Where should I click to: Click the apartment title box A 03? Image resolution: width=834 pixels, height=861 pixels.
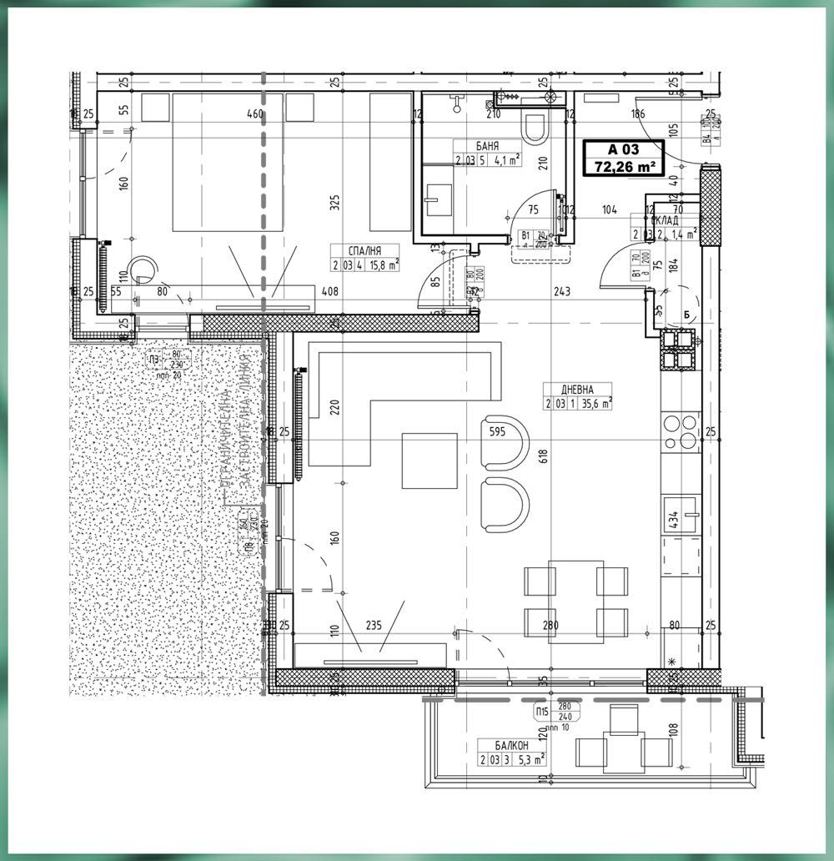(x=623, y=158)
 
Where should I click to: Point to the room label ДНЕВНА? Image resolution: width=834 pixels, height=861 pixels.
(x=576, y=388)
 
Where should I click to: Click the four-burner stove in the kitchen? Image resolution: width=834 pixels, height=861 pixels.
(x=682, y=431)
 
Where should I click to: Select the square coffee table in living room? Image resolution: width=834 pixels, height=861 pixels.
(x=430, y=460)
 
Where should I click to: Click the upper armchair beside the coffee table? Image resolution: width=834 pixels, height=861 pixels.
(x=505, y=439)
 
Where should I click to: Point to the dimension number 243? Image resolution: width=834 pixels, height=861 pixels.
(x=562, y=291)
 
